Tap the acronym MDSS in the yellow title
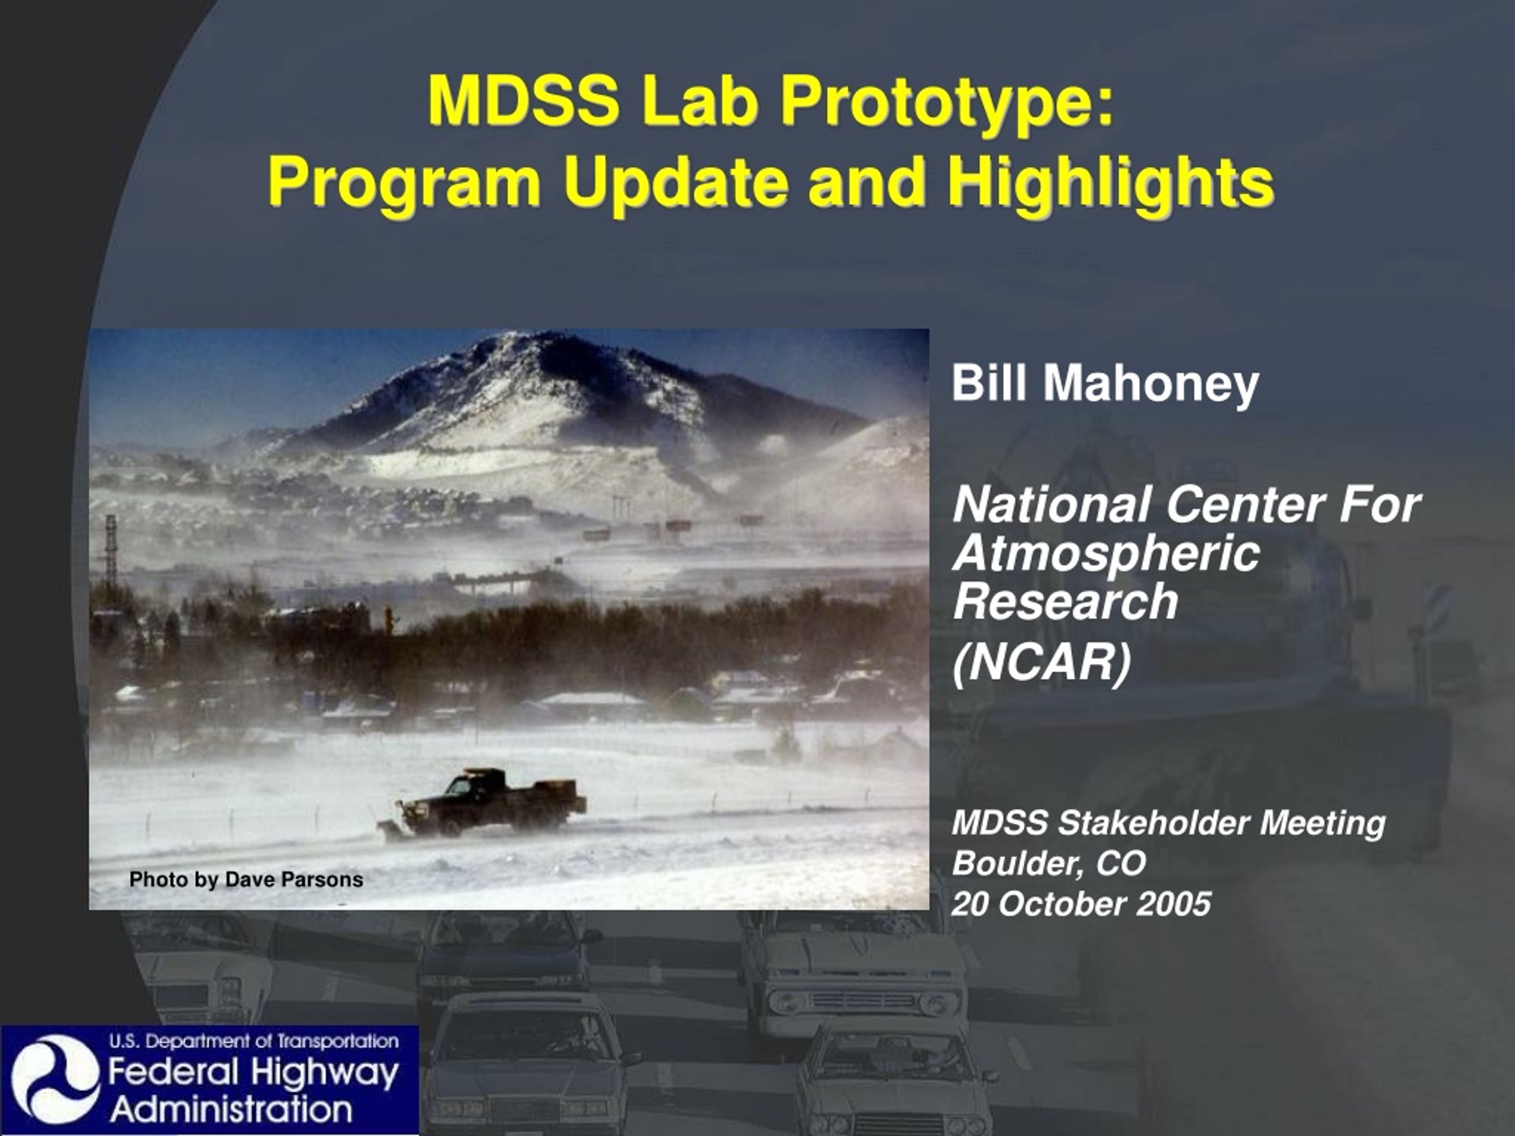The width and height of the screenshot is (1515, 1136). click(523, 101)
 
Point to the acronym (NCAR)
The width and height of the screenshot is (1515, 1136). click(1042, 663)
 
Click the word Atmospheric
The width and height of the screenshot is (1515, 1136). click(1105, 554)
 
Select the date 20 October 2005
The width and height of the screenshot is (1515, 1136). click(1081, 904)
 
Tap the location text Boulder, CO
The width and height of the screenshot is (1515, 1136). click(1049, 863)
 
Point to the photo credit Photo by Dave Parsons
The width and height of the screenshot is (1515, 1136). click(246, 880)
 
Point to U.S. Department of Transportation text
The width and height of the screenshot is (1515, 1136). click(254, 1041)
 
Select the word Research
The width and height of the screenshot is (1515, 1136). click(1065, 601)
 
